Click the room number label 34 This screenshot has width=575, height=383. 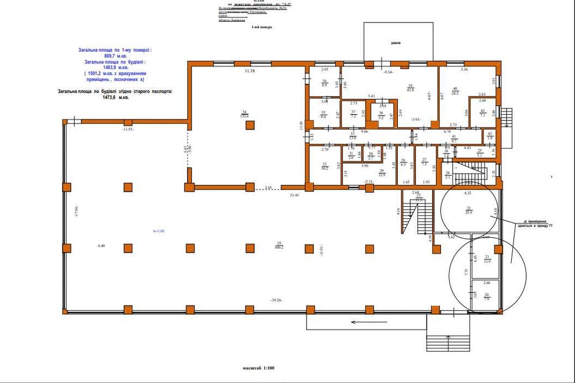(x=244, y=111)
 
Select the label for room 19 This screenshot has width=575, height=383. (x=279, y=243)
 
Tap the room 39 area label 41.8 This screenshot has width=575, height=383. (x=411, y=90)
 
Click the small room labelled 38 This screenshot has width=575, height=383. (x=381, y=114)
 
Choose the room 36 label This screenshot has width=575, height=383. (x=324, y=81)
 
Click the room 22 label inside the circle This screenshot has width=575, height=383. (x=469, y=207)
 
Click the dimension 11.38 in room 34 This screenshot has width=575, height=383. (x=249, y=71)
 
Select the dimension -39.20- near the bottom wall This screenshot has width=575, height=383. (x=279, y=300)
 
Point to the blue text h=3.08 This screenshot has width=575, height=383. (x=159, y=231)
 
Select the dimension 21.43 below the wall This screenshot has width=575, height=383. (x=294, y=196)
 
